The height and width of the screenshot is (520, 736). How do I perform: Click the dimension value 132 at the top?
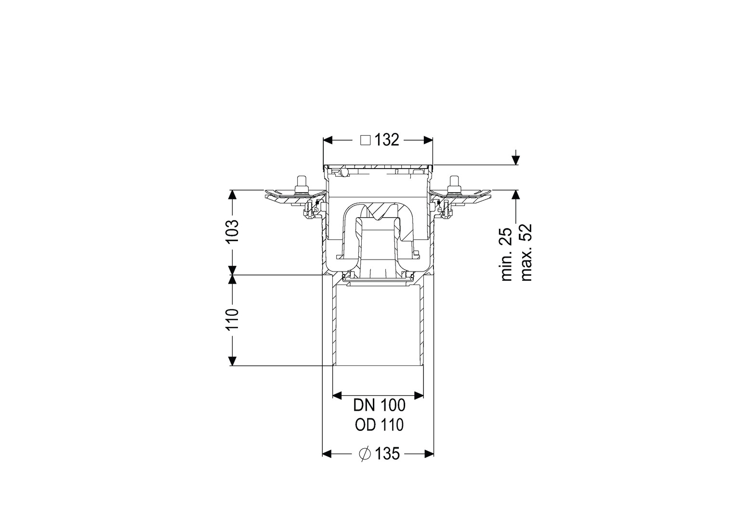[387, 140]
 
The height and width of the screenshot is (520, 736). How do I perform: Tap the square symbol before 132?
[366, 141]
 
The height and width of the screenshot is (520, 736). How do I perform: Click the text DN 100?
[379, 406]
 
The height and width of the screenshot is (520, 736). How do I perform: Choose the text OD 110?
[379, 425]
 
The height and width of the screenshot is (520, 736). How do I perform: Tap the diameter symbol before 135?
[365, 455]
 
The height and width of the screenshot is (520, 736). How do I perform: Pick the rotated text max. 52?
[526, 252]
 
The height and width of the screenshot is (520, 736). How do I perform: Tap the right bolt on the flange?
[455, 185]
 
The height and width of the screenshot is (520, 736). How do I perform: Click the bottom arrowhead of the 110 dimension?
[233, 361]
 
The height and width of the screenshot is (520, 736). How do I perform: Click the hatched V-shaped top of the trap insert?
[381, 212]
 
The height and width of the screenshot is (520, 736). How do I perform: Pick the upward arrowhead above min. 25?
[516, 195]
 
